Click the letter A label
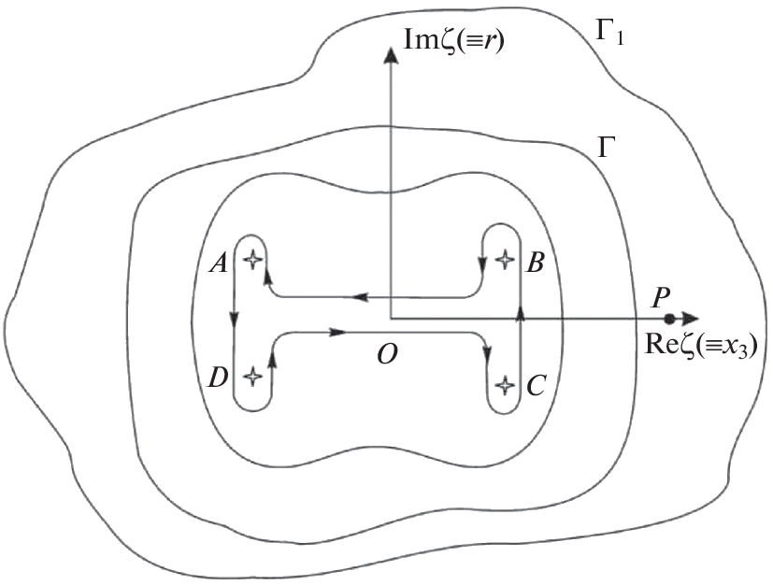coord(219,264)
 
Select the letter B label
coord(535,263)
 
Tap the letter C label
coord(536,386)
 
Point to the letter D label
coord(218,378)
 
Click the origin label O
coord(388,354)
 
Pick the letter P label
coord(660,298)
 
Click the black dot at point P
coord(669,319)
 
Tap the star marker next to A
coord(252,259)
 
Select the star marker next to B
coord(504,259)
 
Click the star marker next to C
coord(504,384)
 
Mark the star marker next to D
coord(252,377)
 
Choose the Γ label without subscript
coord(606,148)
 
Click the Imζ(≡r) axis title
coord(453,40)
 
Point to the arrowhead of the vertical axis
coord(391,54)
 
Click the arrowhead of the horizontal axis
coord(689,319)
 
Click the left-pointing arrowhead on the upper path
coord(361,297)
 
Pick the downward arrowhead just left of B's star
coord(482,264)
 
